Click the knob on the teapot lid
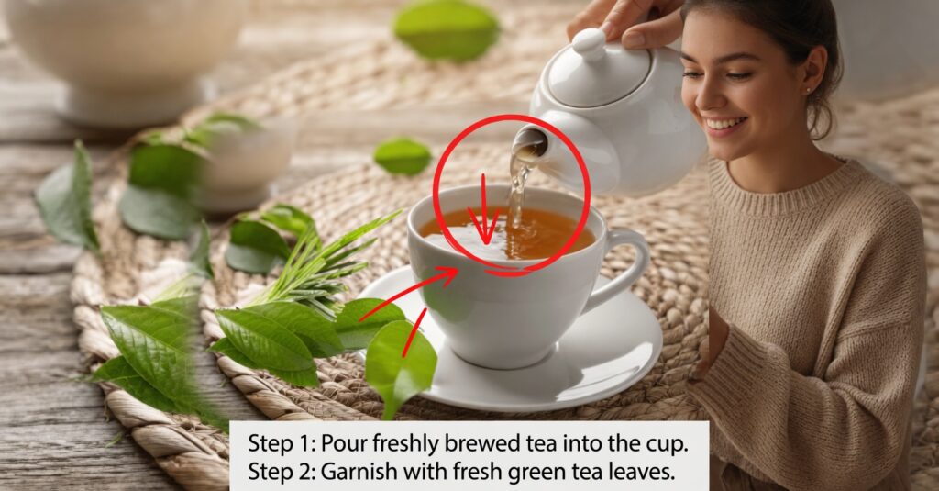590,44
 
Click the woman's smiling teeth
726,124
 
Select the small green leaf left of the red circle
403,156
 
